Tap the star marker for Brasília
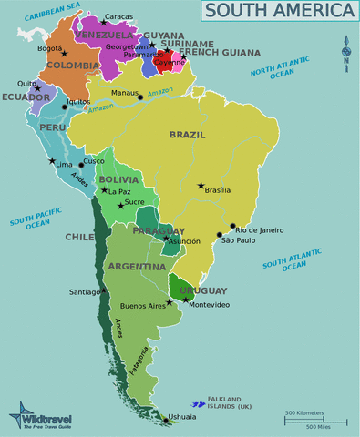(x=201, y=185)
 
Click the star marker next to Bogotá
(x=63, y=55)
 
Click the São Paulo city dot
(x=219, y=235)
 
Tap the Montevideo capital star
(x=185, y=300)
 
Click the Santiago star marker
(x=104, y=290)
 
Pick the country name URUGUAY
(x=202, y=290)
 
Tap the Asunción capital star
(x=166, y=239)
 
